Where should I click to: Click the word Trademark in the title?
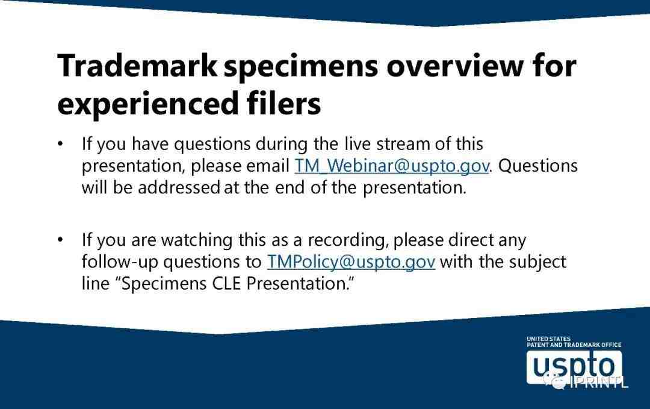(137, 65)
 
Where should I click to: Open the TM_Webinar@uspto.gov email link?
(392, 166)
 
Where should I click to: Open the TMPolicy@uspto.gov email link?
(351, 262)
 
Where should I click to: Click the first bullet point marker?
(61, 144)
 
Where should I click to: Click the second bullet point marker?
(61, 240)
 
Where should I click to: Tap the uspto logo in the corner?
(574, 367)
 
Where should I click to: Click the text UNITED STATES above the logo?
(548, 339)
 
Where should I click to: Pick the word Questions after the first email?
(537, 166)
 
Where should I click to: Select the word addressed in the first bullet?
(179, 187)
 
